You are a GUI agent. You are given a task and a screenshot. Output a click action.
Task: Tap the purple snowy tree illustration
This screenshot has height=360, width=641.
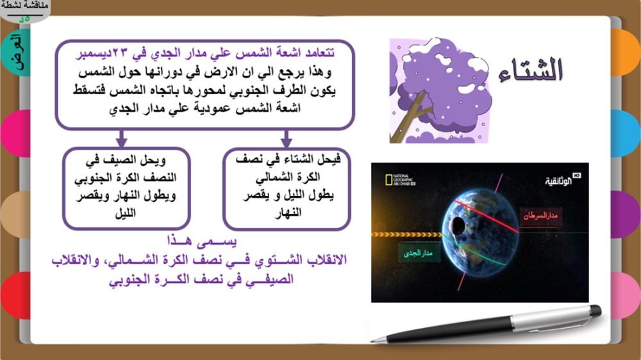439,90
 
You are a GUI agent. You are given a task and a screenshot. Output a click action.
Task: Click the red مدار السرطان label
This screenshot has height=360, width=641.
540,215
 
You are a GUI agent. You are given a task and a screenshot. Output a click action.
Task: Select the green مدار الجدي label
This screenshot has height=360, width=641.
418,254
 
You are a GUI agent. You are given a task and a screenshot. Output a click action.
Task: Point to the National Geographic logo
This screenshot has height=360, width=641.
400,180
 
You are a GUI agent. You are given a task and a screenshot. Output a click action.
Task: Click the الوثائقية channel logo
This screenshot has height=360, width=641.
562,179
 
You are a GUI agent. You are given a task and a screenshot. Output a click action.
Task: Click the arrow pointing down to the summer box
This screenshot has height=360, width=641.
121,138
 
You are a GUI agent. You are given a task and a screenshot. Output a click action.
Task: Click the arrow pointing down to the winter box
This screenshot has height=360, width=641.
286,138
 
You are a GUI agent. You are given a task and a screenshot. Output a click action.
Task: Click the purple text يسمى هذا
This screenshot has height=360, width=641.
202,241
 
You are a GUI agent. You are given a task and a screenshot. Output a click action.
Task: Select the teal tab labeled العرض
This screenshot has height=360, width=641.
17,53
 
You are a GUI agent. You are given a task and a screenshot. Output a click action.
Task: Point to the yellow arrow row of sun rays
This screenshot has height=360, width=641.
407,234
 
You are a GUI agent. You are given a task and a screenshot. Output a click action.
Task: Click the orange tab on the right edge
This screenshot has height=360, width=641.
626,53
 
